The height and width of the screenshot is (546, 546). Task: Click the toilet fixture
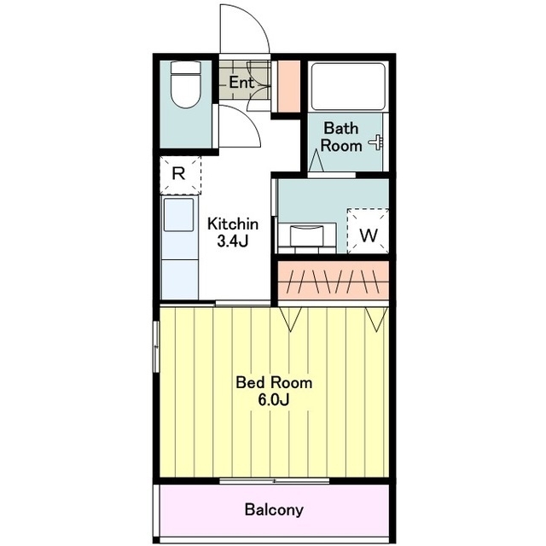click(x=186, y=84)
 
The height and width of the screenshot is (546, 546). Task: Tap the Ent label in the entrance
click(x=241, y=83)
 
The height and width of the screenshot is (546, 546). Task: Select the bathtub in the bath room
click(x=348, y=86)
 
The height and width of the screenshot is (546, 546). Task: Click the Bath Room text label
click(x=341, y=136)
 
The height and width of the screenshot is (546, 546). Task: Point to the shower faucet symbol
click(x=377, y=142)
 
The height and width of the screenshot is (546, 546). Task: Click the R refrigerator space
click(x=180, y=175)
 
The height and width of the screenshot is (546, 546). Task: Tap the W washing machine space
click(x=368, y=231)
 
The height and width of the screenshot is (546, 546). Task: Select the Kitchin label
click(x=233, y=224)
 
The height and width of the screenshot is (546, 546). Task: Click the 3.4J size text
click(x=233, y=241)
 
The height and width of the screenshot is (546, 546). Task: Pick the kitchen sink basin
click(x=178, y=214)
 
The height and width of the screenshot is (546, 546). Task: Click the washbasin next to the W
click(x=307, y=238)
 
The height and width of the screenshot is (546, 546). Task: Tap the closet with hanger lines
click(x=334, y=281)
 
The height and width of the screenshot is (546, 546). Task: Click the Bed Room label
click(x=274, y=383)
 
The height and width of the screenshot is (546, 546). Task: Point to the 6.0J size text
click(x=274, y=400)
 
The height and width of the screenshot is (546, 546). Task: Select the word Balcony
click(x=274, y=510)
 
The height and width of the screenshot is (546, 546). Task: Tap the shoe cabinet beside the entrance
click(x=288, y=86)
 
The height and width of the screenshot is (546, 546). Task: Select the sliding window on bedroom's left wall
click(x=156, y=347)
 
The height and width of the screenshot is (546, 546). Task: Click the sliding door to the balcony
click(x=275, y=481)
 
